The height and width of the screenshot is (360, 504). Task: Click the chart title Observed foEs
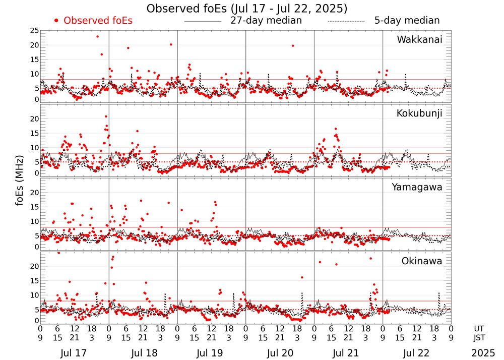pos(246,9)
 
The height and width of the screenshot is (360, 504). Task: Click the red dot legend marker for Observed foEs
pos(56,21)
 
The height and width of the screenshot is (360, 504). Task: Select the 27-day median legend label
pos(266,21)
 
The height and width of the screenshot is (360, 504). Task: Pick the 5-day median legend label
pos(407,21)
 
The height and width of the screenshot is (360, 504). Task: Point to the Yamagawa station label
pos(417,187)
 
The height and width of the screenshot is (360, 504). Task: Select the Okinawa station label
pos(421,261)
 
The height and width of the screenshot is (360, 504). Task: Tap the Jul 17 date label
pos(74,353)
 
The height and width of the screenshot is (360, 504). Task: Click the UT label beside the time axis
pos(481,328)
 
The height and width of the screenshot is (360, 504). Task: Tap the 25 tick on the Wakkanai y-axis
pos(34,31)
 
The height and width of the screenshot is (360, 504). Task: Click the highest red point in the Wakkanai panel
pos(98,36)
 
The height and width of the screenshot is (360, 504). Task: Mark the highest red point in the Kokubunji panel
pos(106,116)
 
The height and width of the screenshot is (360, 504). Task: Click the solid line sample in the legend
pos(203,21)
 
